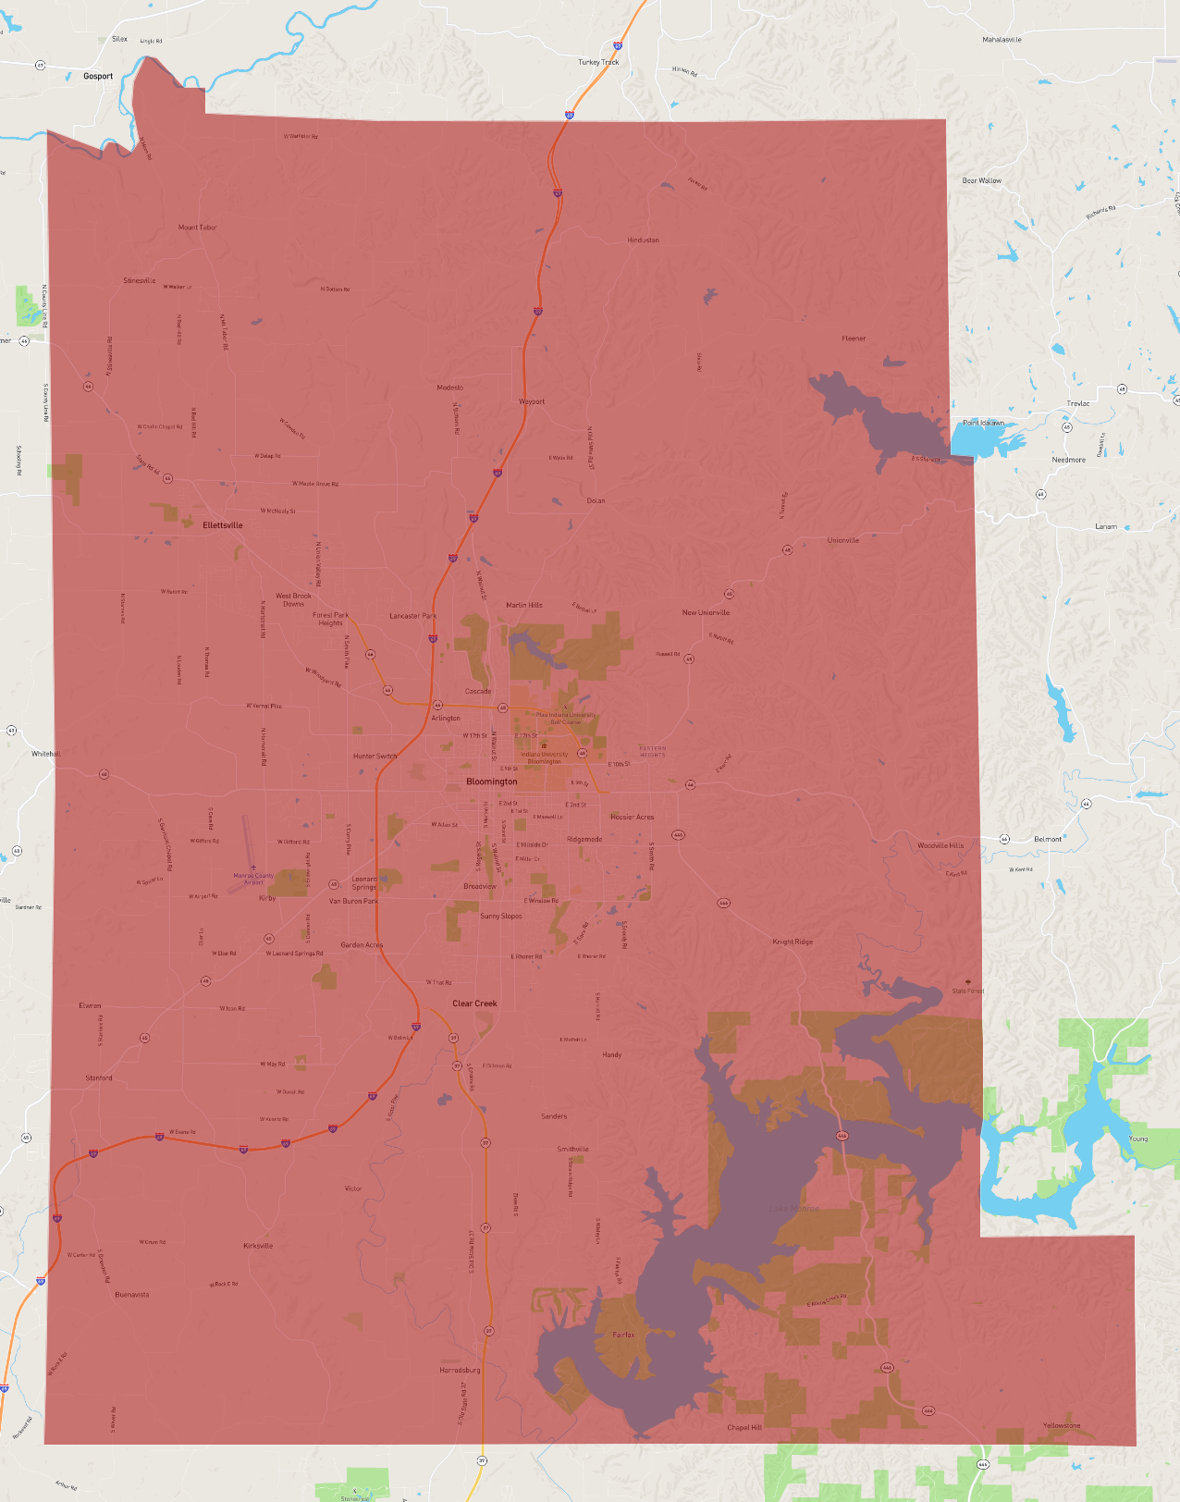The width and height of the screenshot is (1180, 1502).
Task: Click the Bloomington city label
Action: pos(492,782)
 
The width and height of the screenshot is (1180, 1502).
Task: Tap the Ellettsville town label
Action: pos(223,525)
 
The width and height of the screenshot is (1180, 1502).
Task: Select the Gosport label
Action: pos(98,77)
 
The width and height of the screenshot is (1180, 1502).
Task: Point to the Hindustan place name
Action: pos(643,240)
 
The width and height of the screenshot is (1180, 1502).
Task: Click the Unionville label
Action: pos(842,540)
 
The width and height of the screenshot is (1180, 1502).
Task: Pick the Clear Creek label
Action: pos(474,1003)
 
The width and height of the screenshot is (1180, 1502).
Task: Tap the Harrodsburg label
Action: pos(460,1370)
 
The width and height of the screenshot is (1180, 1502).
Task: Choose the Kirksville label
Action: pos(258,1246)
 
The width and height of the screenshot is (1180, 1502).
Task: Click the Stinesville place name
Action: pos(140,280)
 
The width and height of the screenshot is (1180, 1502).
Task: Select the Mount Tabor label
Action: pos(198,228)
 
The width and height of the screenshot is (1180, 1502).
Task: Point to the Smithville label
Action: pos(572,1150)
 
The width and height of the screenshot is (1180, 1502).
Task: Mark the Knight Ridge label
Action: pos(793,942)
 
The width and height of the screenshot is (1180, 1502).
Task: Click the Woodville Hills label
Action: pos(940,845)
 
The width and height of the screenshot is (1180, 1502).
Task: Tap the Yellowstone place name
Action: pos(1061,1425)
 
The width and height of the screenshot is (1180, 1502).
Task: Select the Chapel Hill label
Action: pos(744,1427)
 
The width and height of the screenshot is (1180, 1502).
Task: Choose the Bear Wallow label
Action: pos(981,181)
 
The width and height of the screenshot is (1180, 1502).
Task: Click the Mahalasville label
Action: pos(1002,40)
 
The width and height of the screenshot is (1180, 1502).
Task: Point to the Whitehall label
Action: pos(45,754)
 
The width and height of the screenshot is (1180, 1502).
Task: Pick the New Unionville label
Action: pos(706,612)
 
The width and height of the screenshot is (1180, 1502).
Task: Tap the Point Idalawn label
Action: pos(983,423)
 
